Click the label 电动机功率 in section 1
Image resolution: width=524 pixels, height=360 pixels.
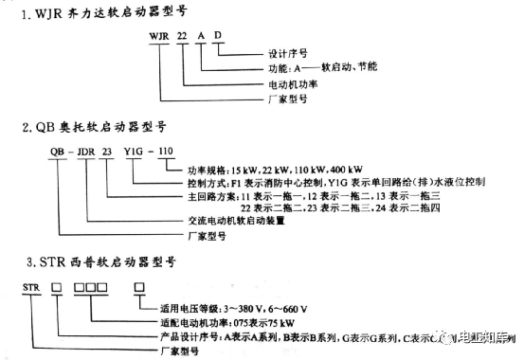(x=283, y=83)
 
